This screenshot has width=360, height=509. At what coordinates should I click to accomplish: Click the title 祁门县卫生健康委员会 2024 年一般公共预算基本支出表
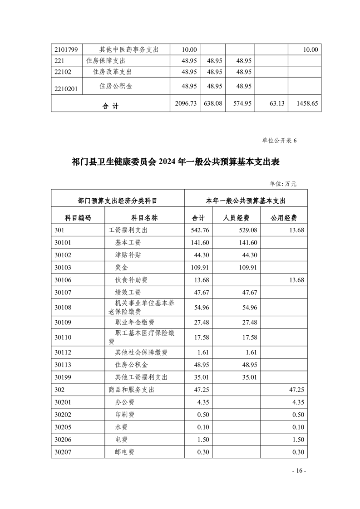point(180,162)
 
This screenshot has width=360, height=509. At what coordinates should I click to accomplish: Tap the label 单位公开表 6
point(279,140)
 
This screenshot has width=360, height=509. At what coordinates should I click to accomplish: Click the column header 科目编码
point(78,218)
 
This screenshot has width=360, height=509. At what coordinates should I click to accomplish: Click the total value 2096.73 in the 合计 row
point(186,103)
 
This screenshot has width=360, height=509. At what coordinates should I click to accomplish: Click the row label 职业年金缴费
point(135,322)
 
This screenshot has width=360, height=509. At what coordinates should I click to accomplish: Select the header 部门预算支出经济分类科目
point(118,200)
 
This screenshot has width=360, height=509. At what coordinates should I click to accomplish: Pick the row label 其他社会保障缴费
point(141,352)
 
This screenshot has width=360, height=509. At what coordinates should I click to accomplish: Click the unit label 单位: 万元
point(283,183)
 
